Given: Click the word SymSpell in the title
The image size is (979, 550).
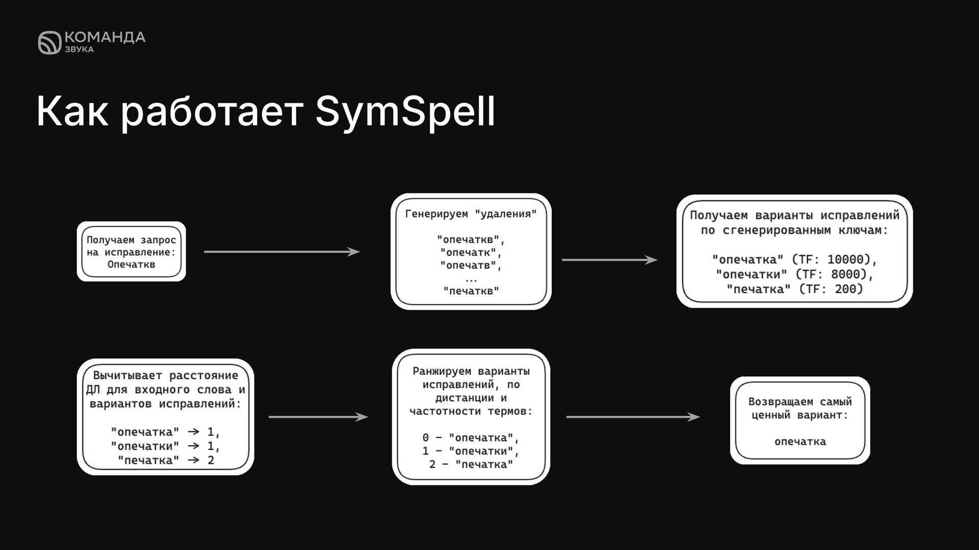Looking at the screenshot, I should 405,112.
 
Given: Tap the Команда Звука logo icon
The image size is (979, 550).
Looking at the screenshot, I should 49,42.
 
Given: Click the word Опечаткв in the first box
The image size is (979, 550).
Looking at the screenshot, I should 131,264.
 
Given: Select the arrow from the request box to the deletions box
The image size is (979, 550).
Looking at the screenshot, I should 281,252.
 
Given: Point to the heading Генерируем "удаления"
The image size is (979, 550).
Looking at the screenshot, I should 471,214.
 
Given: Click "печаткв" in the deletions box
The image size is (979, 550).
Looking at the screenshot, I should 471,291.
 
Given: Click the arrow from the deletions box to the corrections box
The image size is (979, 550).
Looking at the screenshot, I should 609,260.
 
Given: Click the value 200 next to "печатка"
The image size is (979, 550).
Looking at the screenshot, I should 848,289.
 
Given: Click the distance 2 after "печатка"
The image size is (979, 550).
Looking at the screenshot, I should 211,460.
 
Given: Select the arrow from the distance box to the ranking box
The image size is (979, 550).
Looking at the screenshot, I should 318,417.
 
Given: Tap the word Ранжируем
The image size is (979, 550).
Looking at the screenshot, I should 442,371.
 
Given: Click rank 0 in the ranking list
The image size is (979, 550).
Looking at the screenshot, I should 426,438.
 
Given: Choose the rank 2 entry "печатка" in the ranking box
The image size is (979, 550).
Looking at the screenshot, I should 484,464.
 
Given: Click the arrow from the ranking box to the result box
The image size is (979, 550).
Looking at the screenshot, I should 632,417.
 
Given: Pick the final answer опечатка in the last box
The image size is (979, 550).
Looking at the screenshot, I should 800,442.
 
